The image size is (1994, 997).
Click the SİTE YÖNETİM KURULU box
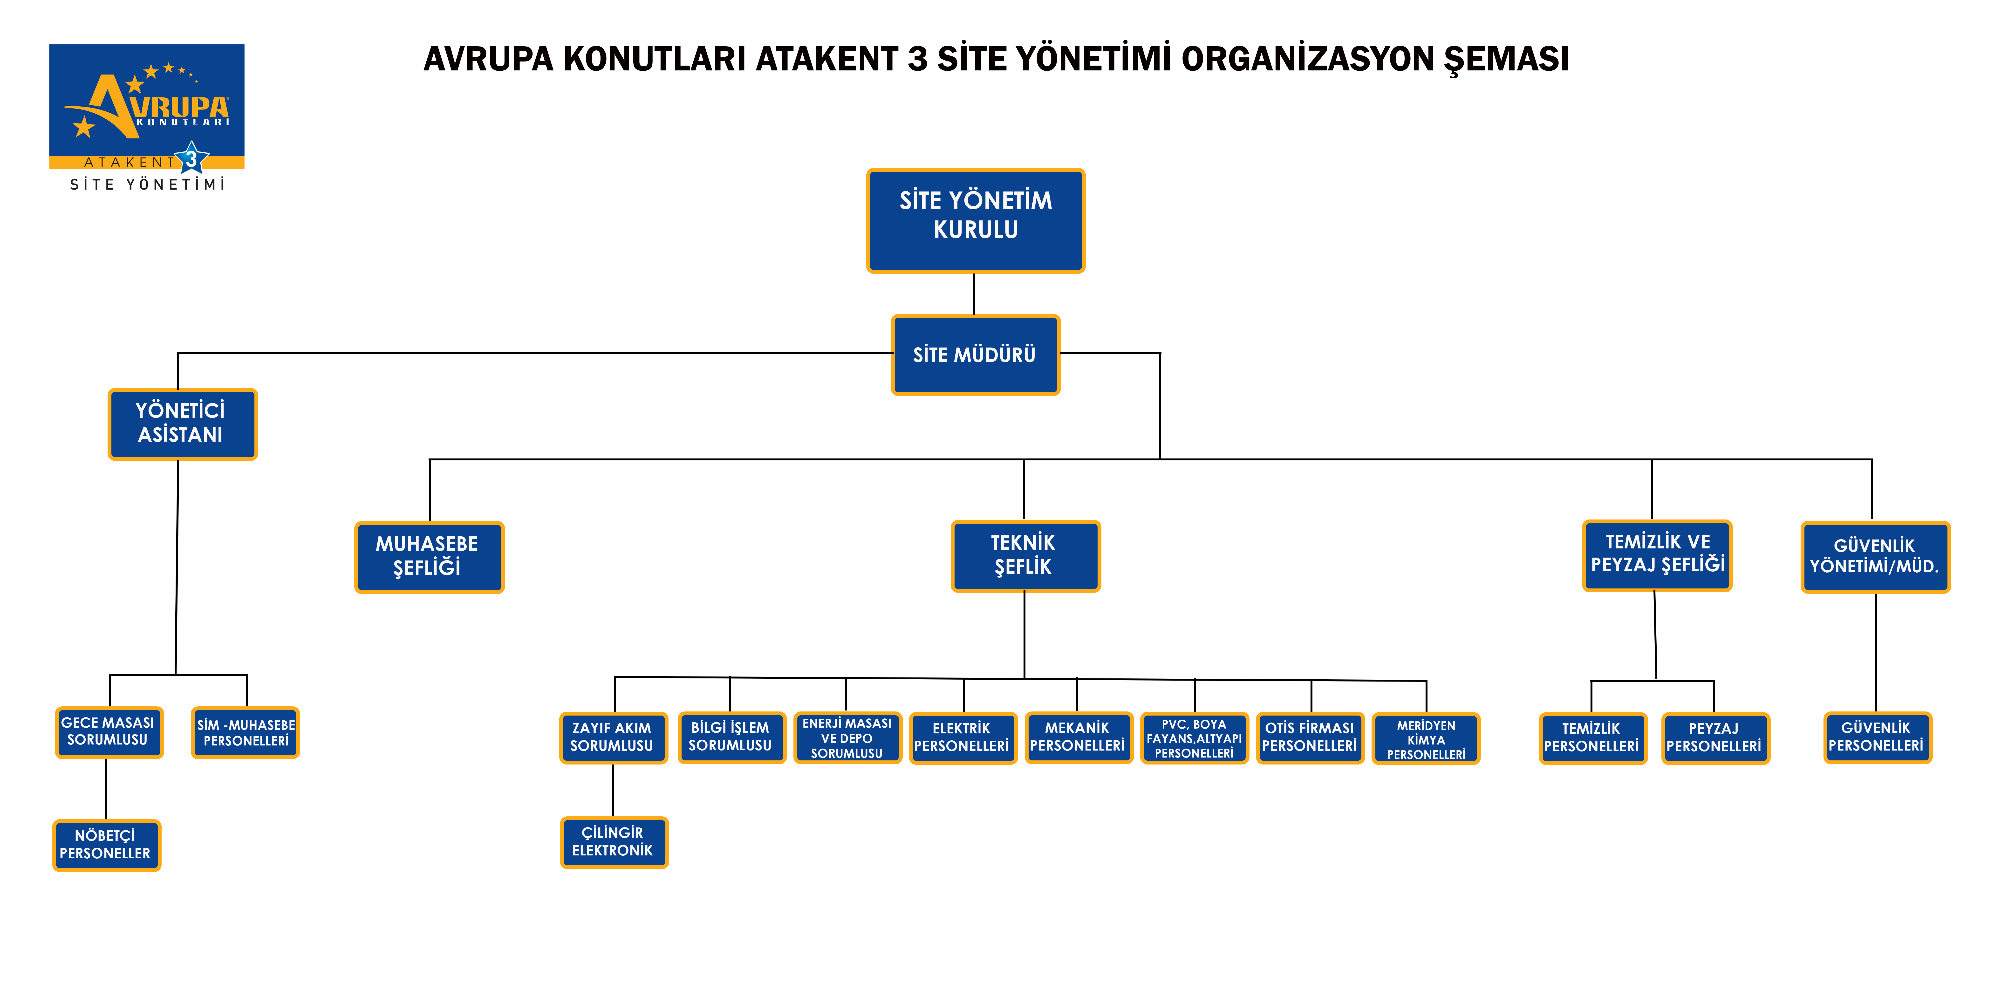(975, 221)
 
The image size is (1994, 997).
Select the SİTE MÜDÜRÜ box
(975, 355)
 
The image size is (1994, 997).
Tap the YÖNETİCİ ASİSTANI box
(182, 424)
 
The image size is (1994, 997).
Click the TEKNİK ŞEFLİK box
(1025, 556)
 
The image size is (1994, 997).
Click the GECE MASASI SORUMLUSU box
(109, 732)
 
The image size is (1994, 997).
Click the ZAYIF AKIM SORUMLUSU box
(613, 738)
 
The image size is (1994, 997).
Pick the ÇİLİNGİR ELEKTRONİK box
(614, 842)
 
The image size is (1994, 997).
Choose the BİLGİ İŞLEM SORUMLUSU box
(731, 738)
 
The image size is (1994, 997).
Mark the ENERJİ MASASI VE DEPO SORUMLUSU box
(848, 738)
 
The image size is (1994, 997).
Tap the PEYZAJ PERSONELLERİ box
(1715, 738)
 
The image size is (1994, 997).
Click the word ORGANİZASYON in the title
(1307, 59)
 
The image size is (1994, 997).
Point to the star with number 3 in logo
(191, 159)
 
